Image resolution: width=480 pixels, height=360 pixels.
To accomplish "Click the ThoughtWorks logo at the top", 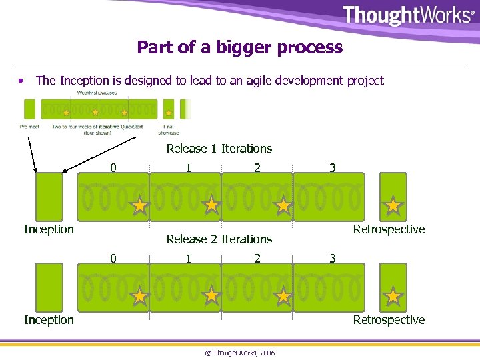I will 407,15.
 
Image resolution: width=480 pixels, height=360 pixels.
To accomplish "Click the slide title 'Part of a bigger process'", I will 239,47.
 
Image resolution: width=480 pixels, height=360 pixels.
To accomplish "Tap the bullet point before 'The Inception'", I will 23,81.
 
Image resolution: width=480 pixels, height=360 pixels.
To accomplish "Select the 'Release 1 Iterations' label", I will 219,149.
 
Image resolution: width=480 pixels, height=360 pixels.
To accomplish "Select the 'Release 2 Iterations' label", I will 219,239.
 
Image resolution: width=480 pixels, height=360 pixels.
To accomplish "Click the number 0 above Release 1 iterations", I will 113,169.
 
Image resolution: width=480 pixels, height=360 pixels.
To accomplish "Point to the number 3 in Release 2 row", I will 332,258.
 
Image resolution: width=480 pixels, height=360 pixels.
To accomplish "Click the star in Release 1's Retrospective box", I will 393,205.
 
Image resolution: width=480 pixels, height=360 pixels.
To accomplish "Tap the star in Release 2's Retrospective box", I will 393,296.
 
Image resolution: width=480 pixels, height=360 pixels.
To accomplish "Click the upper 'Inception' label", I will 49,229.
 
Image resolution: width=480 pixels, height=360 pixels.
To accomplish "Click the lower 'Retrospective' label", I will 389,320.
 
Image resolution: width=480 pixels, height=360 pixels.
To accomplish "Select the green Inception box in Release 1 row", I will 49,197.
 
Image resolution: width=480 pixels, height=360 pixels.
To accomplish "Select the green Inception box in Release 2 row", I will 49,287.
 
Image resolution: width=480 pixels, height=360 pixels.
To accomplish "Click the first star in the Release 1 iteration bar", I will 139,206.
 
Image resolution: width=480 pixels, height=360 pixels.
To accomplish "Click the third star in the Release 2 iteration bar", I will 283,296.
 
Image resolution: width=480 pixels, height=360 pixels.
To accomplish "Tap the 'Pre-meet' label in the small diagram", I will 29,125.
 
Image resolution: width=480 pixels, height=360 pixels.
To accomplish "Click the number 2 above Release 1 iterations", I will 257,169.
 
